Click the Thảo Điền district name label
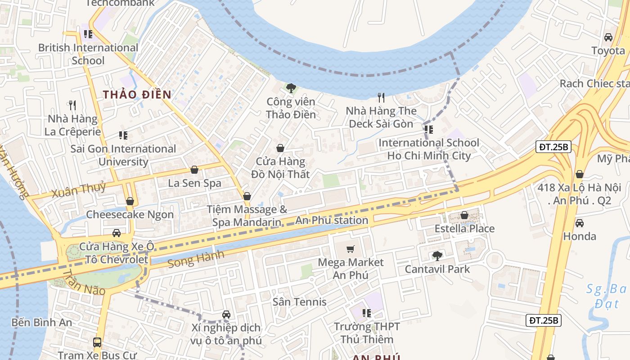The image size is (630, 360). point(137,94)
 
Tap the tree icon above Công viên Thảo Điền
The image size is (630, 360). point(291,88)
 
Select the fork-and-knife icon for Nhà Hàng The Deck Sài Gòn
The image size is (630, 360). point(381,97)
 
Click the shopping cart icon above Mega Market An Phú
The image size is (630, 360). point(351,249)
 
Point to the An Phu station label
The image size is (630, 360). point(332,220)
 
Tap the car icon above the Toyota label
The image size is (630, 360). point(608,37)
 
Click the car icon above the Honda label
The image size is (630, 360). point(580,223)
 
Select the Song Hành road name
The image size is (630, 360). point(196,259)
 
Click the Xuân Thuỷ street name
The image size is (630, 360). point(79,190)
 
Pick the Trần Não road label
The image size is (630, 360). point(83,283)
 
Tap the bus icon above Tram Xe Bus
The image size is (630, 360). point(97,342)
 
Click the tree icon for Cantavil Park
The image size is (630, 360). point(437,256)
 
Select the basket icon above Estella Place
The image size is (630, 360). point(464,215)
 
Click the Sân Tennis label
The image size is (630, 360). point(300,301)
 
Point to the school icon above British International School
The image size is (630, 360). point(88,34)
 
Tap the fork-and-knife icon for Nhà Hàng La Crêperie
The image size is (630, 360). point(72,105)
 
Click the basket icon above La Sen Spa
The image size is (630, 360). point(194,170)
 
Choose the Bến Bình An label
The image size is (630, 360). point(42,322)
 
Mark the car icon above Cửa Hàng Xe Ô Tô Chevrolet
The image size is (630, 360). point(117,233)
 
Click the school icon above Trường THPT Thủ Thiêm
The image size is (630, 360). point(367,313)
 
